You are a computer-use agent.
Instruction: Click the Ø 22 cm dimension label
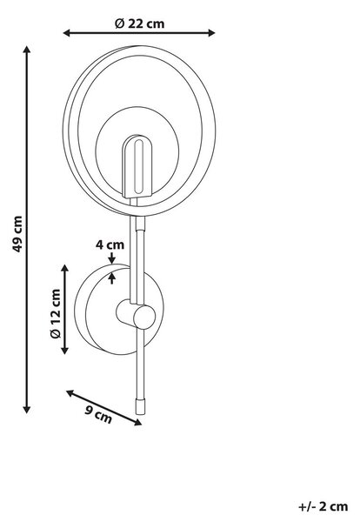click(x=140, y=23)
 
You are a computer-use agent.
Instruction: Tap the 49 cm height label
click(x=17, y=233)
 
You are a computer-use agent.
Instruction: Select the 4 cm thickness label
click(x=110, y=244)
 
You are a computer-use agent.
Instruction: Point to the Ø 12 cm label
click(x=56, y=314)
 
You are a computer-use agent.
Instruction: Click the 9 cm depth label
click(x=98, y=413)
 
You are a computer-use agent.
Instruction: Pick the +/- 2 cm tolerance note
click(x=323, y=506)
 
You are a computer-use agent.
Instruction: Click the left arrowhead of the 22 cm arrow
click(x=66, y=33)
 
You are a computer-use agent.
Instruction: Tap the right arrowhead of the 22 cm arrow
click(x=211, y=33)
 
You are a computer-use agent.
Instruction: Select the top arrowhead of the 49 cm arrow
click(x=27, y=50)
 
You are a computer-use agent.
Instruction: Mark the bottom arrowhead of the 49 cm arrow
click(x=27, y=410)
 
